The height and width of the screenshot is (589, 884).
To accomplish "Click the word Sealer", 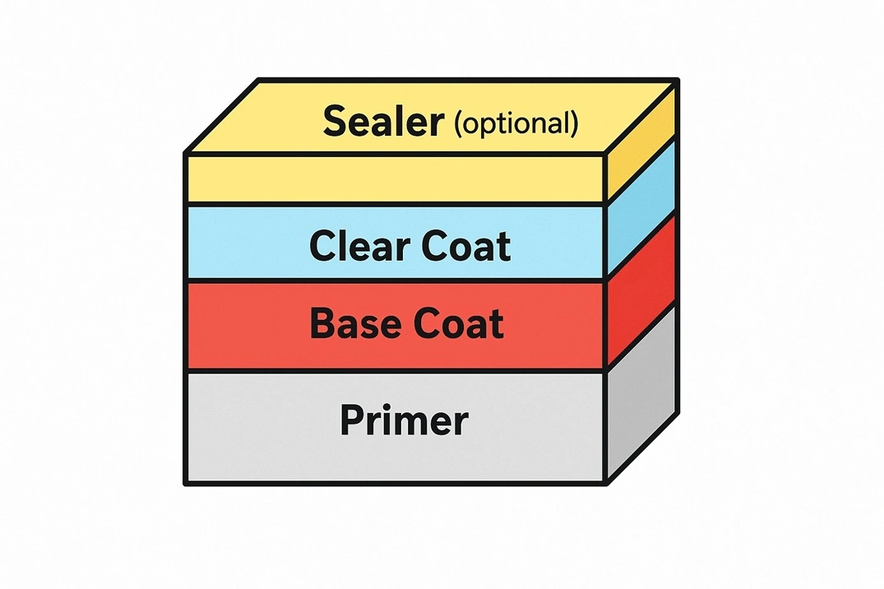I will tap(383, 121).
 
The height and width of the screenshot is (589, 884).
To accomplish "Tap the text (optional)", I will tap(516, 123).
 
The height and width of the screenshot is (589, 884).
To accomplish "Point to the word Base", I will tap(356, 324).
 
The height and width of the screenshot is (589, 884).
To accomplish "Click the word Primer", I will tap(404, 421).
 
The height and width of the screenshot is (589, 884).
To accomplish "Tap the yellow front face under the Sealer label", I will tap(395, 179).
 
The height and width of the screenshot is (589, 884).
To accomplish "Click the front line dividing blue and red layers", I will tap(395, 281).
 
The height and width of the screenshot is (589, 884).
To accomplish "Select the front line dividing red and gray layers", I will tap(395, 371).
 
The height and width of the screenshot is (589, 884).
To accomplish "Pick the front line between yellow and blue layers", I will tap(395, 204).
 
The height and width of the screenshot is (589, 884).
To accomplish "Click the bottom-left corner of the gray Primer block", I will tap(187, 483).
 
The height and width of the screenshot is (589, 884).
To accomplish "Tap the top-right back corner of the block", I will tap(678, 81).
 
